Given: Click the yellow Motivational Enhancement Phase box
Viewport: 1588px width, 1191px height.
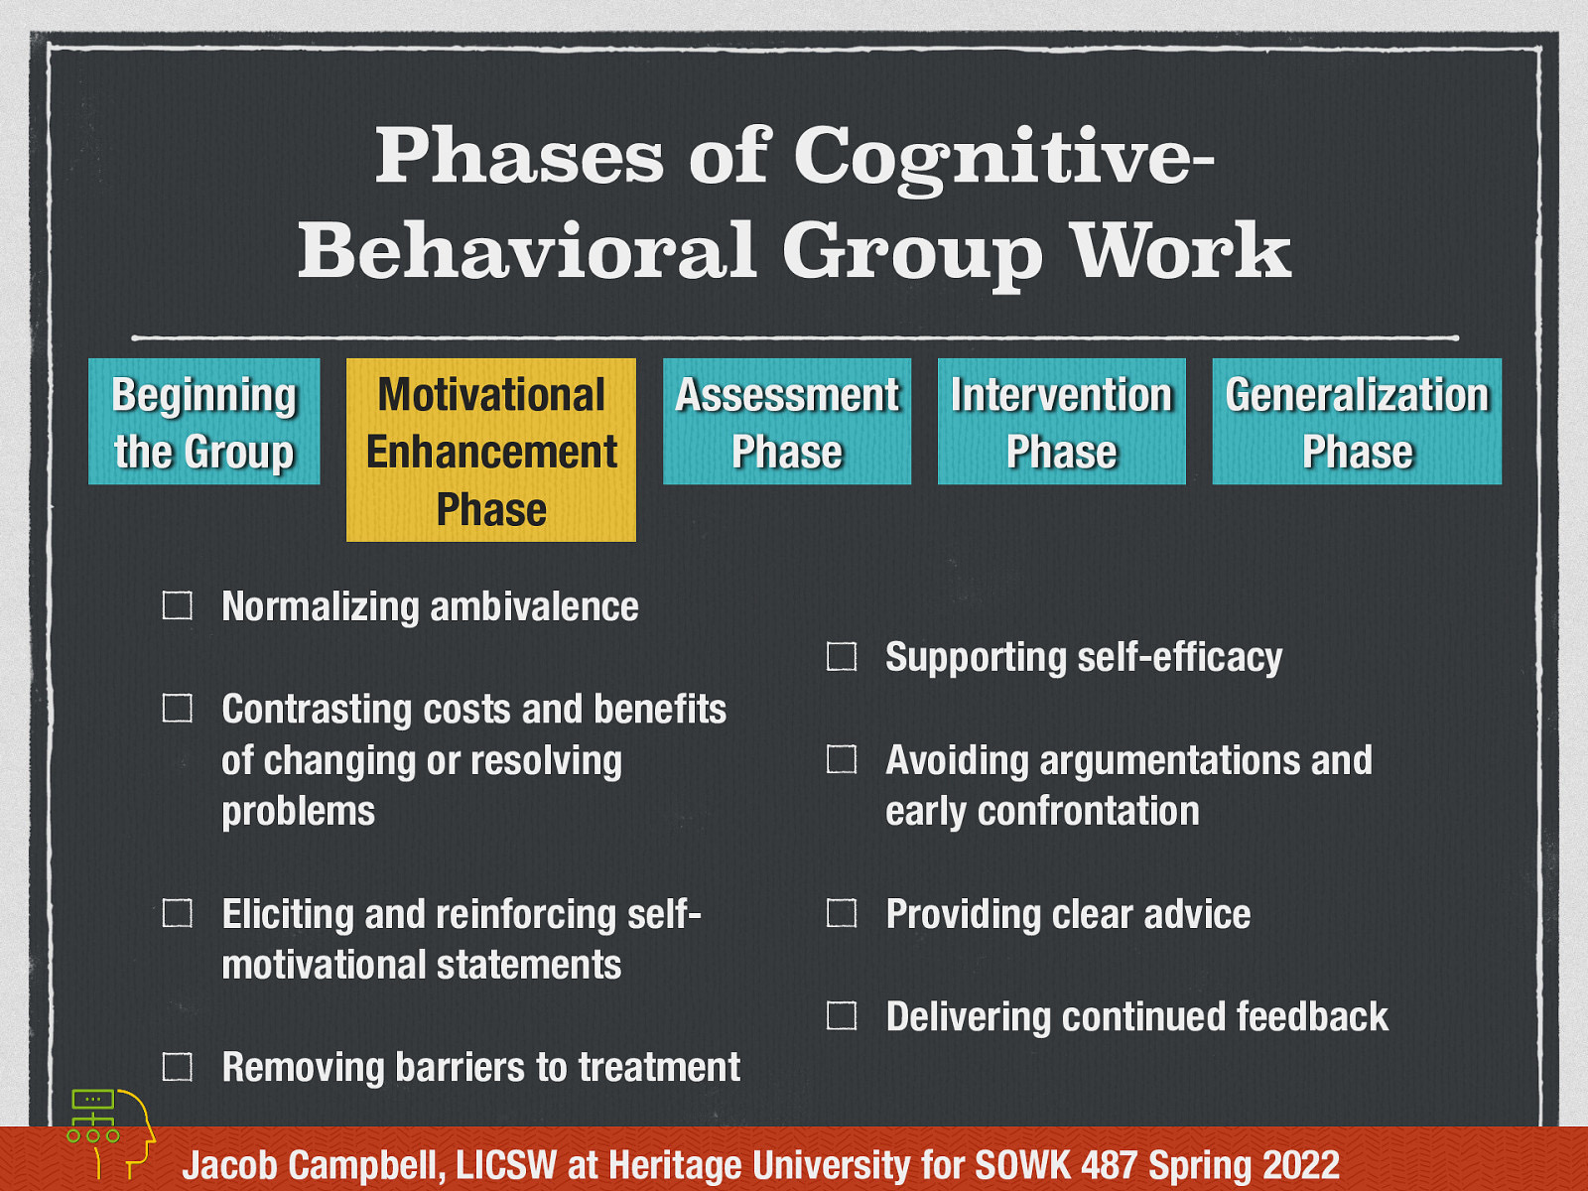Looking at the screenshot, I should point(491,451).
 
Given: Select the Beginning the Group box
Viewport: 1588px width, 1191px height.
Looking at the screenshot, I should point(204,422).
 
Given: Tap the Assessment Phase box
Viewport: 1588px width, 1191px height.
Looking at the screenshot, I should point(787,422).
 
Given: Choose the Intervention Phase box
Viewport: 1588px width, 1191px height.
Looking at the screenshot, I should point(1062,422).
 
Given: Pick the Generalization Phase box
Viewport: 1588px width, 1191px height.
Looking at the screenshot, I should point(1357,422).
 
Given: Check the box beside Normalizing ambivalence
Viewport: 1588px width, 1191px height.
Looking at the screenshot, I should point(178,605).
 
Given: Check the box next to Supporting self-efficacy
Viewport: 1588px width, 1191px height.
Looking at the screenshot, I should point(842,656).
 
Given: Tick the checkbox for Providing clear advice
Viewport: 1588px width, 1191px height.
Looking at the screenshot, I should point(842,913).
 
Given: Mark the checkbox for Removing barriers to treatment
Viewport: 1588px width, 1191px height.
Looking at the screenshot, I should point(178,1067).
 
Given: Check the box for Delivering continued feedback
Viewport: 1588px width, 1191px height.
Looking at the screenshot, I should point(842,1015).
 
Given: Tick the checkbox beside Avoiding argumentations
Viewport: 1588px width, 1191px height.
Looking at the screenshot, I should point(842,759).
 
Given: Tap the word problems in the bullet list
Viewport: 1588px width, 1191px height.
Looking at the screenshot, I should point(299,812).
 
